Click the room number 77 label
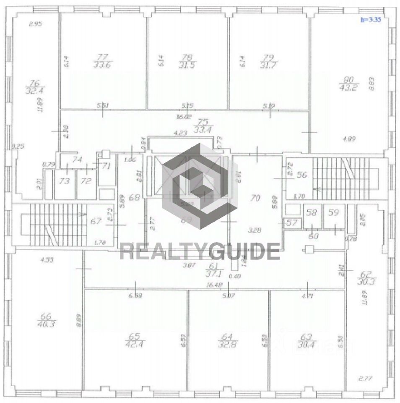[x=102, y=57]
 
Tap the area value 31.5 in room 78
[x=187, y=65]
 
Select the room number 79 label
[x=265, y=57]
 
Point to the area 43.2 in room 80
[x=349, y=87]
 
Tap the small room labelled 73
[x=64, y=181]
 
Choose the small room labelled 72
[x=86, y=181]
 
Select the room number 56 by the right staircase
[x=302, y=175]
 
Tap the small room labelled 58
[x=312, y=213]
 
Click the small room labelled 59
[x=333, y=213]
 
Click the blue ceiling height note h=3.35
[x=371, y=20]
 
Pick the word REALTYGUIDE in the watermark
[x=200, y=252]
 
